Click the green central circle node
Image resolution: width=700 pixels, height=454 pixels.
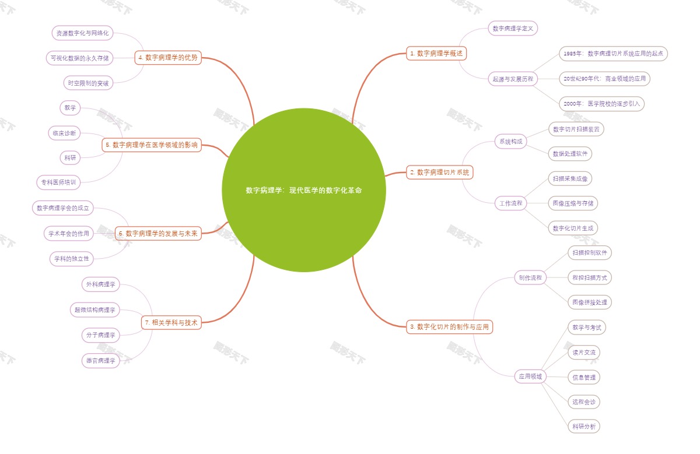pos(303,190)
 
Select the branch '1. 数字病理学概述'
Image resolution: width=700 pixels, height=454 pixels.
pos(436,54)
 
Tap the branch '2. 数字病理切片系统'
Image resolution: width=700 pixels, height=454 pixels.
pos(439,173)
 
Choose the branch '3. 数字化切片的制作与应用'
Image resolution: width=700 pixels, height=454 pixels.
pos(449,327)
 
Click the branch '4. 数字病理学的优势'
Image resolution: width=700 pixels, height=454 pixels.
pos(168,58)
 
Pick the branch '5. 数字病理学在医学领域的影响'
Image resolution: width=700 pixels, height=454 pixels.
pos(152,145)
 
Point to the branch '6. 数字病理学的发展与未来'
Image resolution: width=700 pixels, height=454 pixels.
pos(158,234)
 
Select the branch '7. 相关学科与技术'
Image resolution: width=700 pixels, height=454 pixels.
pos(171,322)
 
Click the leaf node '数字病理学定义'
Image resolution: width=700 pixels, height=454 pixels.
pos(513,29)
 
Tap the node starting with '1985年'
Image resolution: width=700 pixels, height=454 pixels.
pos(613,54)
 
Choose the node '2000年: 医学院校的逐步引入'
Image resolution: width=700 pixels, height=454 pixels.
pos(601,104)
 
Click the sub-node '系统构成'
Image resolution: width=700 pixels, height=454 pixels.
pos(511,141)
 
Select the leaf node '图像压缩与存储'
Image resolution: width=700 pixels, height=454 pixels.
pos(574,203)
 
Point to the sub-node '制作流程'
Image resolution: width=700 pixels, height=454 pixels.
pos(530,277)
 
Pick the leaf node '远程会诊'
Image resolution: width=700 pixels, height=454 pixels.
pos(583,402)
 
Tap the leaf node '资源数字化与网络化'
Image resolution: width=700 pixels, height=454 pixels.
pos(82,33)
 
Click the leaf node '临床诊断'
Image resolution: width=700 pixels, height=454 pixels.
pos(64,133)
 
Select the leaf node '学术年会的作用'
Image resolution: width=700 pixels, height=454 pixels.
pos(69,234)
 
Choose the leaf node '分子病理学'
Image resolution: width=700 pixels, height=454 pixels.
pos(100,335)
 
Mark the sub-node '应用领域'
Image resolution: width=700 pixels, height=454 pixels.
pos(530,376)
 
